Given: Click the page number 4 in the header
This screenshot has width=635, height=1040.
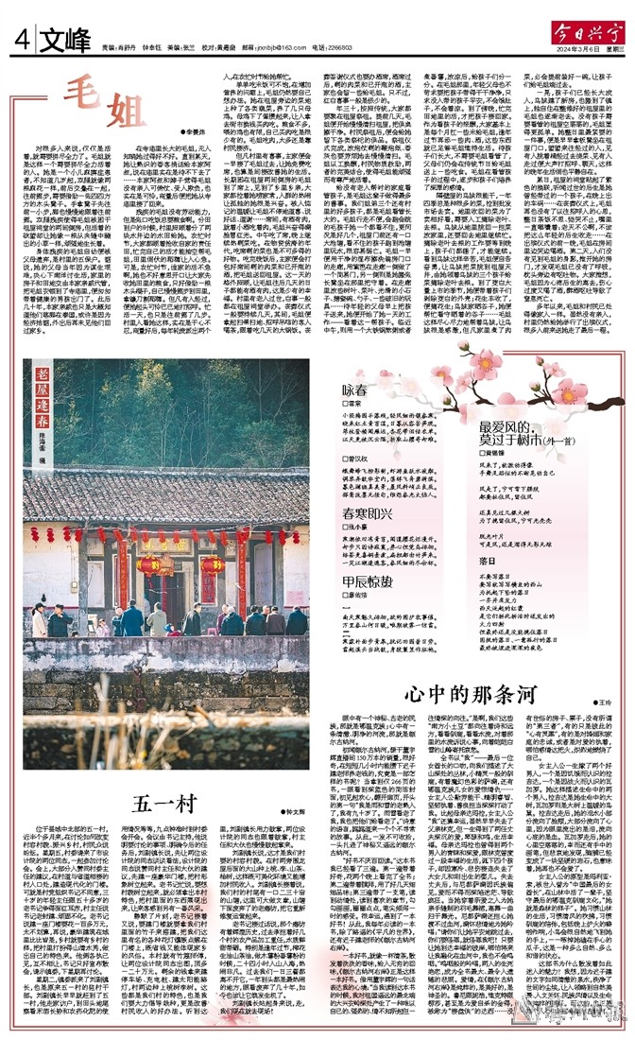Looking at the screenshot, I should (20, 41).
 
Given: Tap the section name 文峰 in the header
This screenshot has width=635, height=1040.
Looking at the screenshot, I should (60, 41).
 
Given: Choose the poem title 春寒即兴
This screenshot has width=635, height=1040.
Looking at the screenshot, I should (364, 512).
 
